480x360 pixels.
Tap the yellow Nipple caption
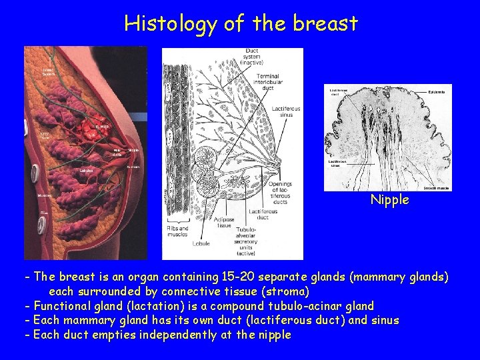click(x=389, y=200)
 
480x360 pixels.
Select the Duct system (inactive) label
click(x=251, y=56)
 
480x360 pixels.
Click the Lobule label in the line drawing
click(x=199, y=244)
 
